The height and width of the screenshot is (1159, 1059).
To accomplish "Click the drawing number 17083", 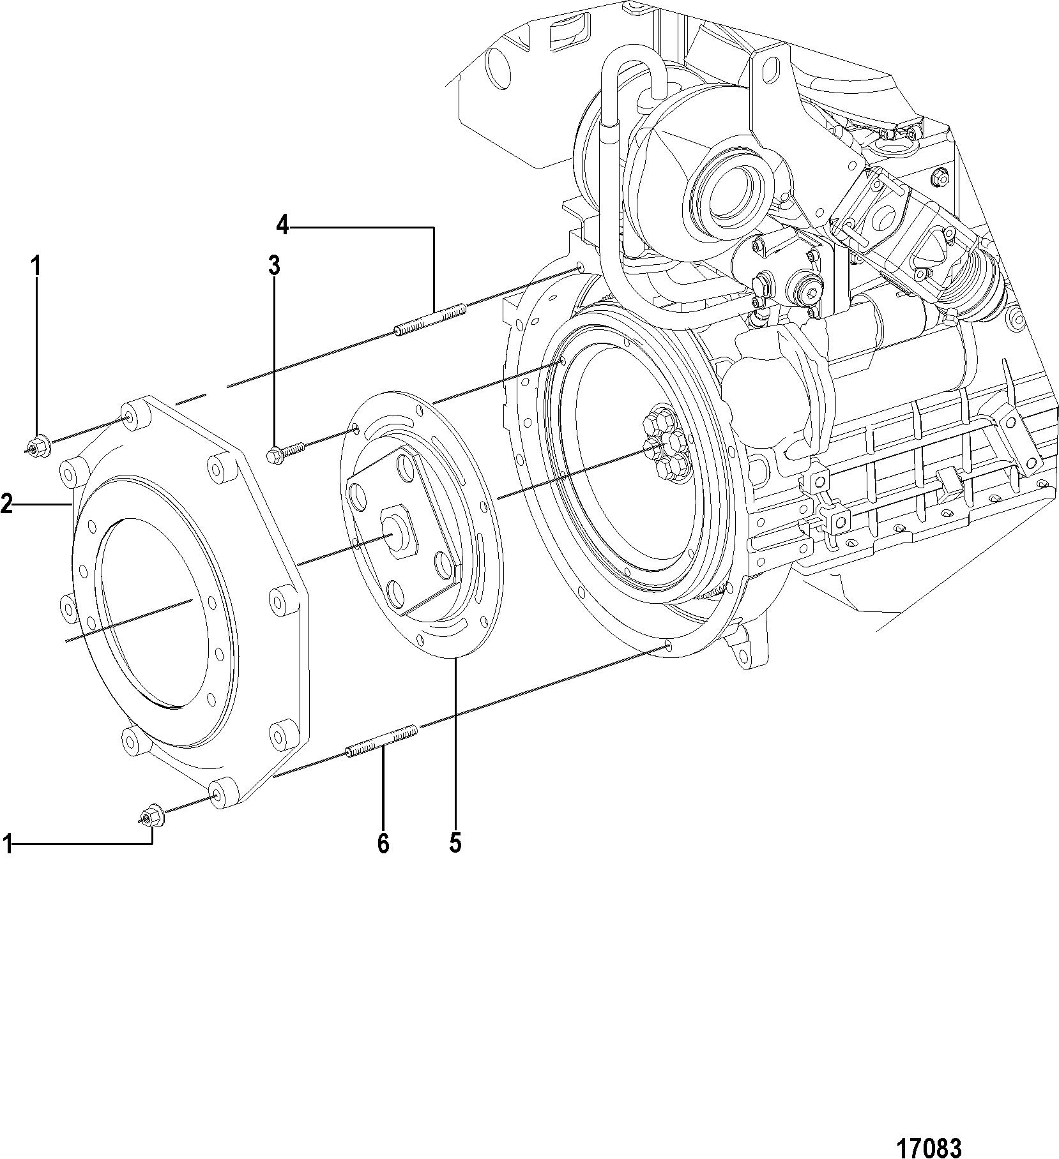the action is click(929, 1130).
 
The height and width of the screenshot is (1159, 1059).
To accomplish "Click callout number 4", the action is click(282, 225).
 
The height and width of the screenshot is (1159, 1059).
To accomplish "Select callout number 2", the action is click(6, 505).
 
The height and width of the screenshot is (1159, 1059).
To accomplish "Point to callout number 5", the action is click(455, 844).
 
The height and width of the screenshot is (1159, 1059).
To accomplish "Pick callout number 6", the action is click(383, 844).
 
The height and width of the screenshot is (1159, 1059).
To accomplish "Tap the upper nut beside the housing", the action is click(36, 442).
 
